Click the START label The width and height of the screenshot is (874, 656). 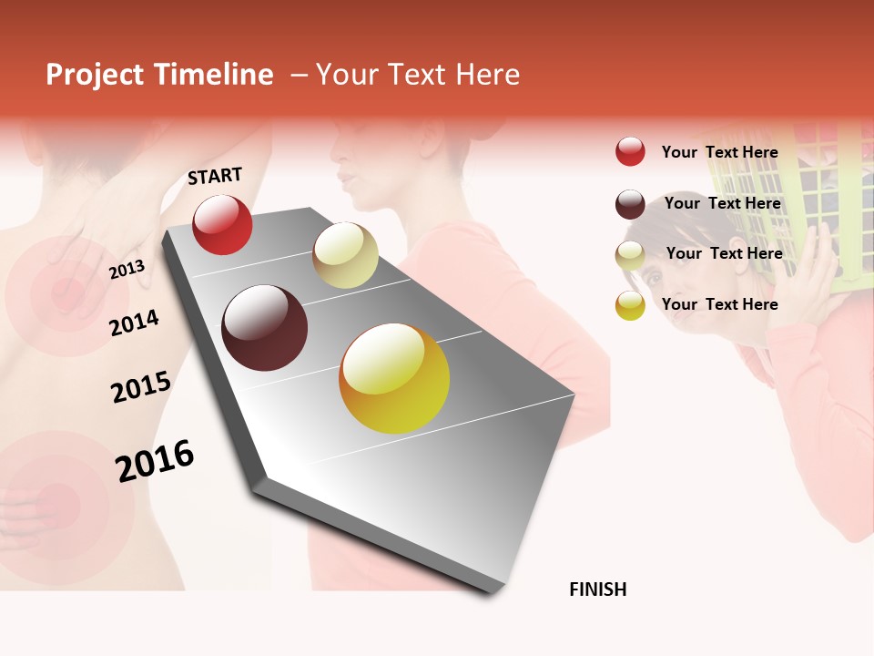pyautogui.click(x=215, y=176)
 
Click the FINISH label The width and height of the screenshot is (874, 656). pyautogui.click(x=597, y=589)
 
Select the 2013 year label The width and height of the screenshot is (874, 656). pyautogui.click(x=127, y=270)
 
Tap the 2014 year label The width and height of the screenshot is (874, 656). pyautogui.click(x=134, y=323)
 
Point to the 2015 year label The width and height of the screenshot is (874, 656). pyautogui.click(x=140, y=387)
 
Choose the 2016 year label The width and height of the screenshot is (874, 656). pyautogui.click(x=155, y=460)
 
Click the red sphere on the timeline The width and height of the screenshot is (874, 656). pyautogui.click(x=222, y=224)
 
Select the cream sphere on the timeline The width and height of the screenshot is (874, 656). pyautogui.click(x=345, y=255)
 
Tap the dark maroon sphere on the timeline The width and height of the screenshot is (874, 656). pyautogui.click(x=264, y=328)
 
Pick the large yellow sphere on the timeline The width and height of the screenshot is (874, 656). pyautogui.click(x=394, y=378)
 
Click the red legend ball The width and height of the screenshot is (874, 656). pyautogui.click(x=630, y=151)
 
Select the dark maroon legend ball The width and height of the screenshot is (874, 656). pyautogui.click(x=630, y=204)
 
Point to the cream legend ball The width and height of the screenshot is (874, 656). pyautogui.click(x=630, y=255)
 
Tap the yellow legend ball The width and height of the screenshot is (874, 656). pyautogui.click(x=630, y=305)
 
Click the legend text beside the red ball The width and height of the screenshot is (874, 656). pyautogui.click(x=719, y=152)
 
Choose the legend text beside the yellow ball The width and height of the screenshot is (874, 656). pyautogui.click(x=719, y=304)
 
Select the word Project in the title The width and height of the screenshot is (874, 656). pyautogui.click(x=95, y=75)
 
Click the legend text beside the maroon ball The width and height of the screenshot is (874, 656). pyautogui.click(x=722, y=203)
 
